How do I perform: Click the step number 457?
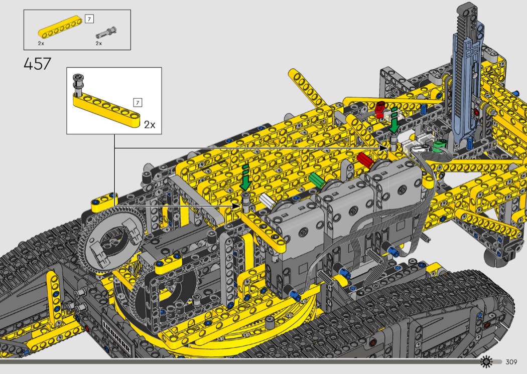37,64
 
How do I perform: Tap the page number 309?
511,361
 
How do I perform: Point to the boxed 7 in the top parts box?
89,19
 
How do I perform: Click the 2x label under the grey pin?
99,43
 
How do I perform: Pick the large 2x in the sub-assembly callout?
150,125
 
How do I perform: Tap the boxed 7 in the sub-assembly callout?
138,102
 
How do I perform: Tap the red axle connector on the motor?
366,160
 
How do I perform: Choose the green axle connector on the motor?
317,180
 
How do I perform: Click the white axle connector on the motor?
268,201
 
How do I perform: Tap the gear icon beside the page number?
486,361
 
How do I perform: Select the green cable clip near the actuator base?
440,146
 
